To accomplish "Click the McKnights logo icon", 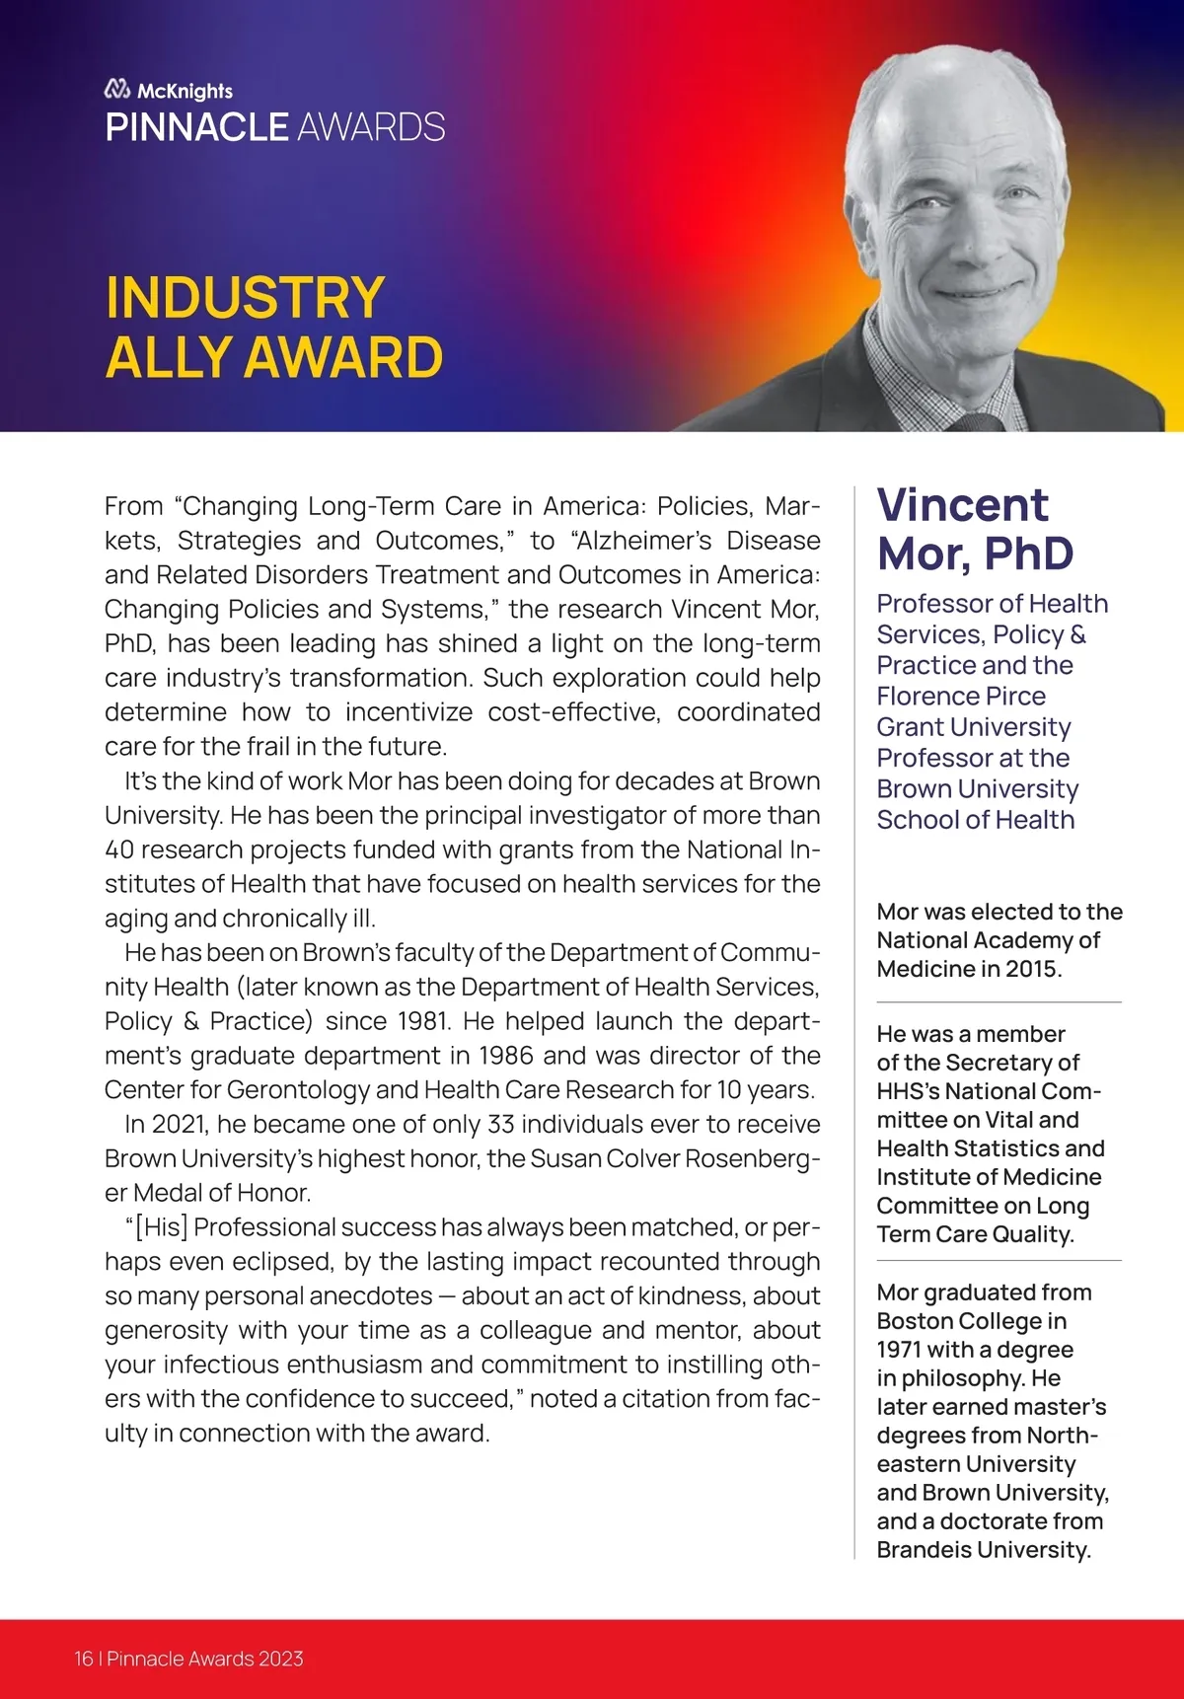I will tap(117, 90).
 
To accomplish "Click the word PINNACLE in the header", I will tap(196, 127).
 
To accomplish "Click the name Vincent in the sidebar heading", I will tap(962, 505).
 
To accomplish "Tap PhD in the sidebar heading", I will tap(1027, 554).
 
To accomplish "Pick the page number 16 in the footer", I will tap(83, 1659).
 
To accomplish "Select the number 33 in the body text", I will tap(500, 1125).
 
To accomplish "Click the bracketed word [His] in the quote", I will tap(159, 1227).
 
